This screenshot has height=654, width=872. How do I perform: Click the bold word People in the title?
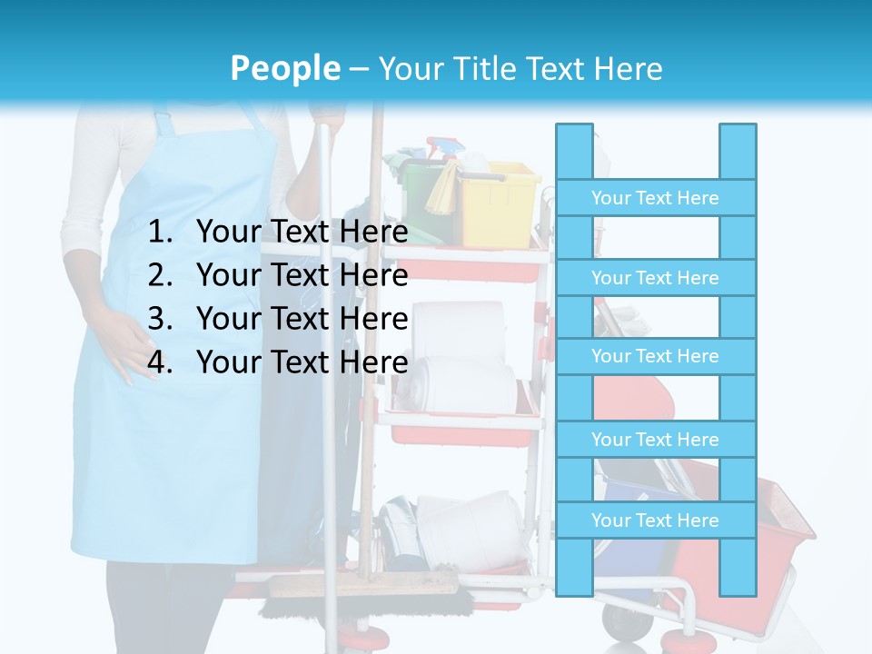tap(284, 68)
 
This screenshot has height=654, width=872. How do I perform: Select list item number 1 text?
tap(302, 232)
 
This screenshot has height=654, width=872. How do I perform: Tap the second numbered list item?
tap(302, 275)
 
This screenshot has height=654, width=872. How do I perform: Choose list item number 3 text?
tap(302, 319)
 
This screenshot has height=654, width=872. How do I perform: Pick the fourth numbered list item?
tap(302, 362)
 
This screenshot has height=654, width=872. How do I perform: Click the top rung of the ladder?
tap(655, 198)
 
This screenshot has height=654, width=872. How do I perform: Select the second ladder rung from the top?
tap(655, 278)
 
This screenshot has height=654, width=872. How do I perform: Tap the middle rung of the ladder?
tap(655, 356)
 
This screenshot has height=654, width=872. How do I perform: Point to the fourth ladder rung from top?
tap(655, 440)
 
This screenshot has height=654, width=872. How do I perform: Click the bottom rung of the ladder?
tap(655, 520)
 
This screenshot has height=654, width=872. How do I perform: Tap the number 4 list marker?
tap(160, 362)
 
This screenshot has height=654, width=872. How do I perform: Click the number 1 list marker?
tap(160, 232)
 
